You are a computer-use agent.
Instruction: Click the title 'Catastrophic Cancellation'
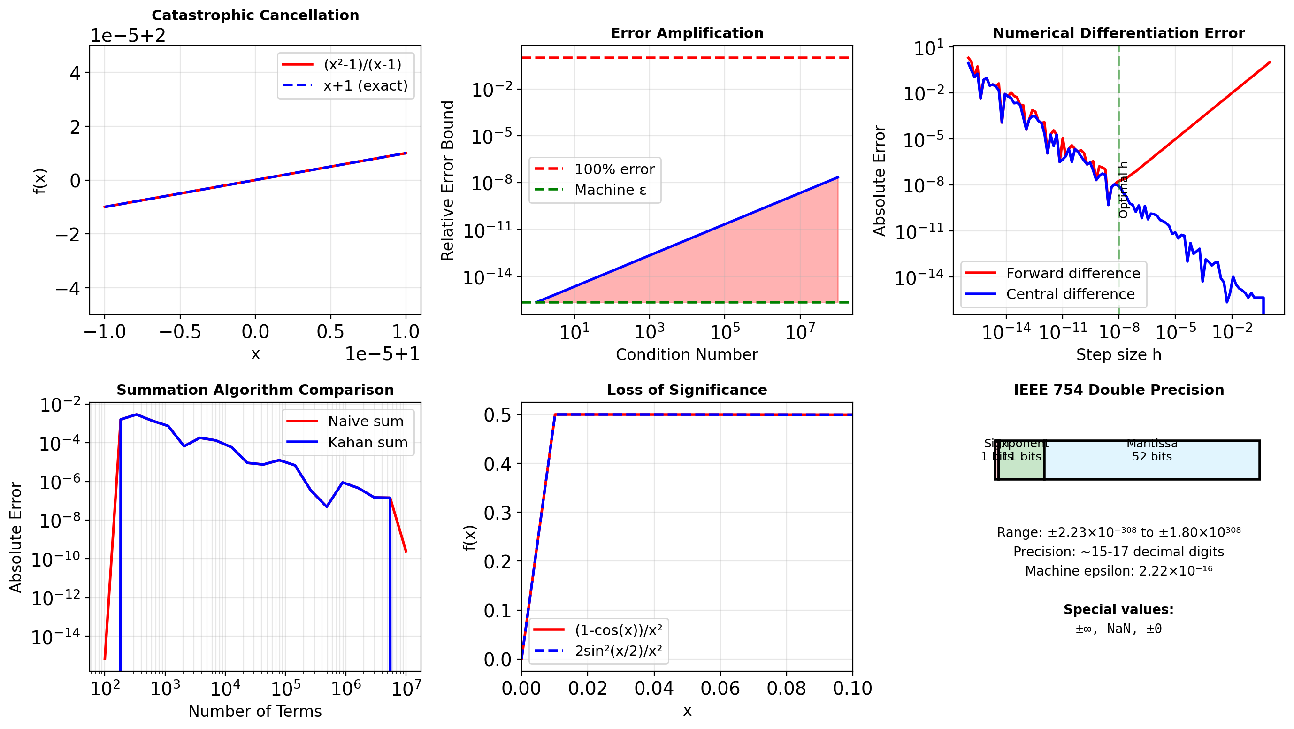[x=255, y=15]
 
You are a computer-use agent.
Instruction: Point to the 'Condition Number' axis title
[x=686, y=355]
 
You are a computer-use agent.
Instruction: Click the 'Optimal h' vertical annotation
[x=1123, y=190]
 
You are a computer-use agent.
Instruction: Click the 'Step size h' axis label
[x=1118, y=355]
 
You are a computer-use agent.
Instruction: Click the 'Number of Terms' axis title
[x=255, y=712]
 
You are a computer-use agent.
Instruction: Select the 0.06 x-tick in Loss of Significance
[x=720, y=688]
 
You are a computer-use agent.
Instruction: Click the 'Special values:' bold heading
[x=1118, y=609]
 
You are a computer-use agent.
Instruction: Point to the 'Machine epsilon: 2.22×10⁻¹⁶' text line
[x=1118, y=571]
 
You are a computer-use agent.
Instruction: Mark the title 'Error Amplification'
[x=687, y=33]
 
